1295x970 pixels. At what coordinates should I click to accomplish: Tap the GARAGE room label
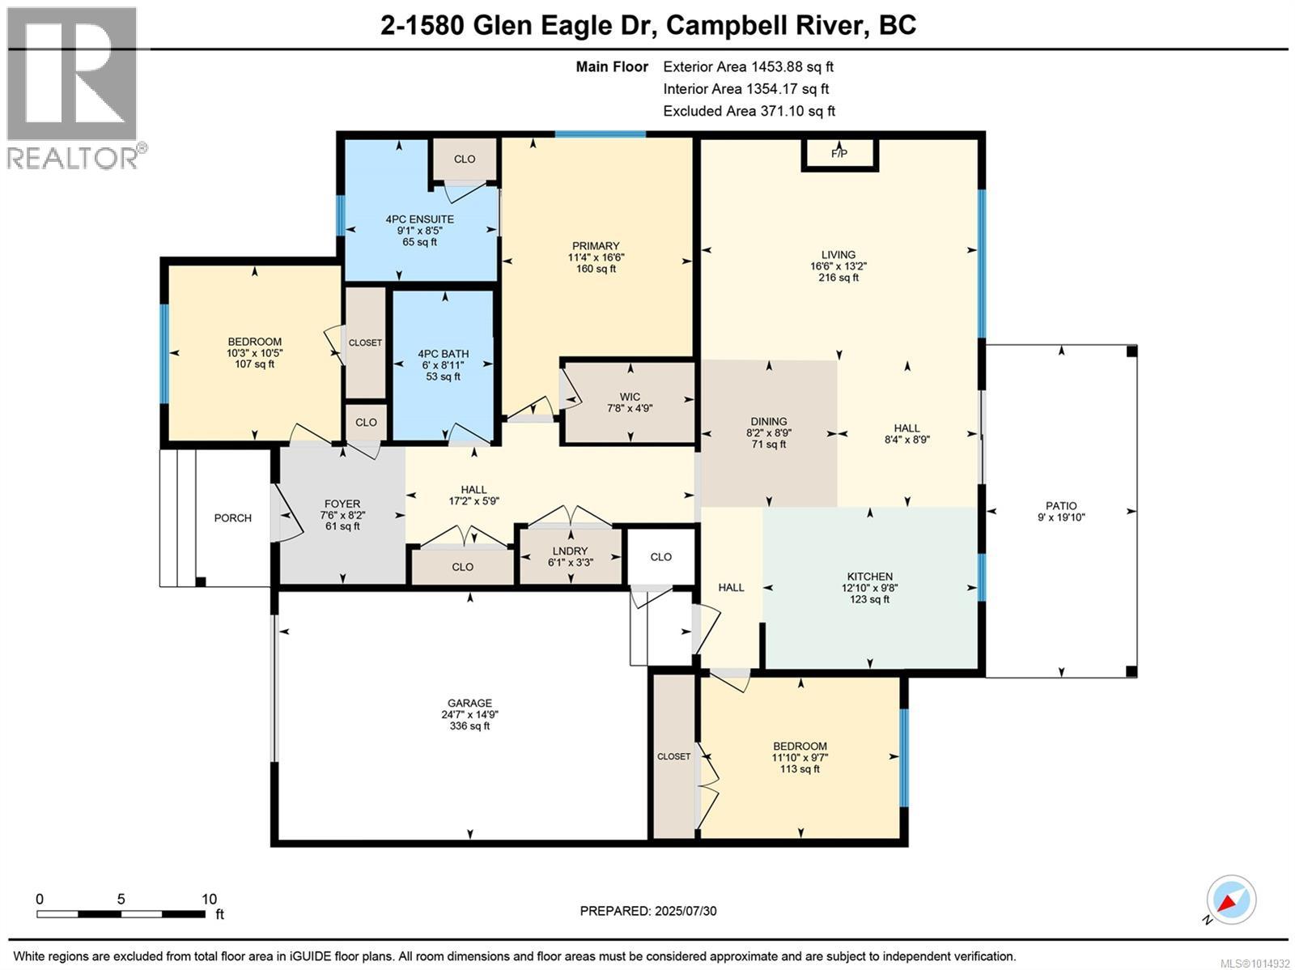[469, 703]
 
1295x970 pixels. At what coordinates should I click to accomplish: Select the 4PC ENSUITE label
[419, 219]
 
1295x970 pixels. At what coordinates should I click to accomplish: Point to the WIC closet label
[630, 397]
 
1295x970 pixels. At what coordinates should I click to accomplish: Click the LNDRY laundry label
[570, 551]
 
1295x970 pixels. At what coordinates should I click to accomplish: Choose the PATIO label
[1061, 506]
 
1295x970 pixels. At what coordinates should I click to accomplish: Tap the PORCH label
[232, 518]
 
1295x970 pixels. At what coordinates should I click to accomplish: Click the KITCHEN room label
[869, 576]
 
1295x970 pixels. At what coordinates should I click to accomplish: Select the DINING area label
[769, 421]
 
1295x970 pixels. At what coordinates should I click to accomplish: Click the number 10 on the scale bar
[209, 900]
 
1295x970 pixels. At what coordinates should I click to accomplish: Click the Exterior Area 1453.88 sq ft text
[748, 66]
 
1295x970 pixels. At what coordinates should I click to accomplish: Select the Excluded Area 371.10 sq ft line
[749, 111]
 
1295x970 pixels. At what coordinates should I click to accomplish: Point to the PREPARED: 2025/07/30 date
[647, 911]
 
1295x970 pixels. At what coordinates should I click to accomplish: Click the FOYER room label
[342, 504]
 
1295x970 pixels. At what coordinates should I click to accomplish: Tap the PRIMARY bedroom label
[596, 245]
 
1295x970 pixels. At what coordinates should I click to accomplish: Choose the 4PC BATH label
[443, 353]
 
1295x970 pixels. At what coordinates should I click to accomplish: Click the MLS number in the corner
[1255, 964]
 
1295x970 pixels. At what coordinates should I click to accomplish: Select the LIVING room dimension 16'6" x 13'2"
[838, 266]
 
